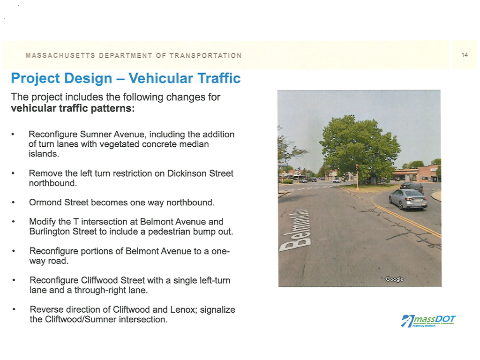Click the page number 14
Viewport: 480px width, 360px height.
(465, 55)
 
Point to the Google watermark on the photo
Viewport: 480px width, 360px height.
(394, 279)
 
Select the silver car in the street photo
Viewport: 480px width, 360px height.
(408, 199)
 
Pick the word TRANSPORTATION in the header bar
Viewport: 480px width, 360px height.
(205, 56)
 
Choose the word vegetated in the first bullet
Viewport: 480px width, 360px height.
(123, 144)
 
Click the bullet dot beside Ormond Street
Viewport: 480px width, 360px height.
(15, 203)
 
